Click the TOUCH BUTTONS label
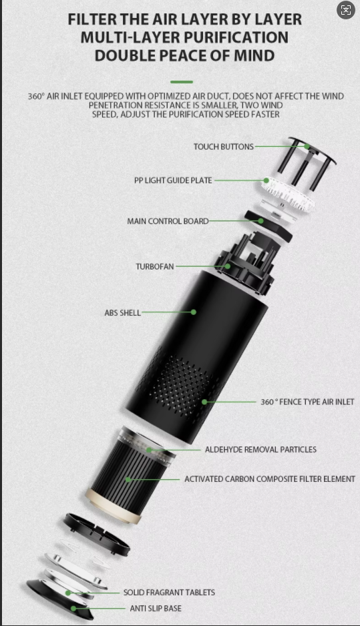(223, 147)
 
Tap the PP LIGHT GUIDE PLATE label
(173, 180)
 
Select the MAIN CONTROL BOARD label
(168, 221)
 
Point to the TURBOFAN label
(155, 266)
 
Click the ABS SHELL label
(123, 312)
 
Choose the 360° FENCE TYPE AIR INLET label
(307, 402)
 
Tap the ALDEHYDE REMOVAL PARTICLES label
(260, 450)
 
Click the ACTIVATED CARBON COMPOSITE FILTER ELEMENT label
(270, 479)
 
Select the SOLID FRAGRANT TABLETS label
(169, 593)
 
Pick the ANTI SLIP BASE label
(156, 609)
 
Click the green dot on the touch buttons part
(307, 147)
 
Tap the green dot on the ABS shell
(194, 312)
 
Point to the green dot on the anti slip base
(73, 609)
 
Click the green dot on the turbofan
(227, 266)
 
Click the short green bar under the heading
(182, 82)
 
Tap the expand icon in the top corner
(346, 10)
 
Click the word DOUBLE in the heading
(124, 55)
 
